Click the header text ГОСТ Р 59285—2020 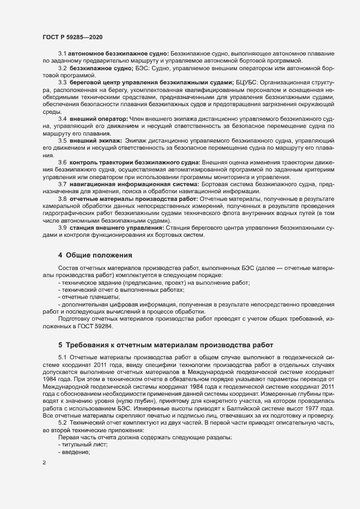tap(72, 36)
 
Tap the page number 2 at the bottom tap(45, 463)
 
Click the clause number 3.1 tap(63, 54)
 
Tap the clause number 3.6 tap(63, 162)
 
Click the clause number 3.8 tap(63, 199)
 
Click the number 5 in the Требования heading tap(60, 344)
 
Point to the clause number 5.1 tap(62, 357)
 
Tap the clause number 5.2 tap(62, 423)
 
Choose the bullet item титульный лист tap(85, 445)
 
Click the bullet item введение tap(77, 452)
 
